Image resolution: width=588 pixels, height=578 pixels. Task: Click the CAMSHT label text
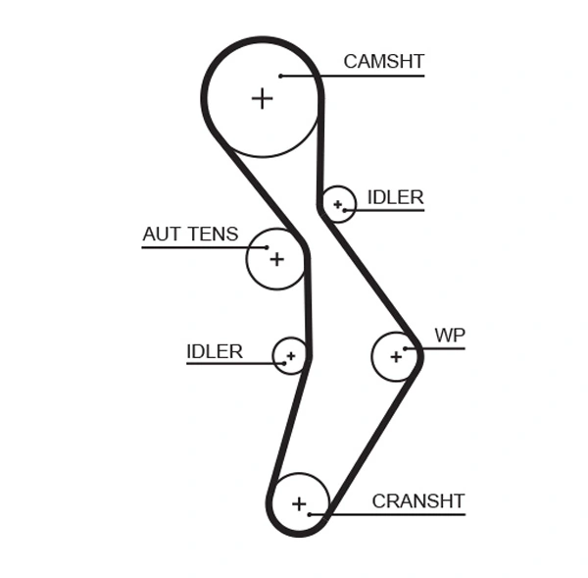[383, 62]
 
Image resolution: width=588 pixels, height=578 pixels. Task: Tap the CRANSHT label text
[417, 501]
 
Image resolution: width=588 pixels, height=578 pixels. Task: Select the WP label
[450, 336]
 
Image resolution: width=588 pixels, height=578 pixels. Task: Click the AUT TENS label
[190, 235]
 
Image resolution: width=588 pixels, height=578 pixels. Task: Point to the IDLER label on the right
[395, 197]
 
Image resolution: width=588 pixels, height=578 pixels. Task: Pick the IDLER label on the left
[214, 351]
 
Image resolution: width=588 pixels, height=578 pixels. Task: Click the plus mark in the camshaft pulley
[262, 98]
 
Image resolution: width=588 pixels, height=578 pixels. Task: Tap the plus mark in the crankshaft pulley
[299, 503]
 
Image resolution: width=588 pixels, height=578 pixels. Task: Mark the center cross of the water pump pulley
[396, 356]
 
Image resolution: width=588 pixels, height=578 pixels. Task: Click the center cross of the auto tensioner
[276, 259]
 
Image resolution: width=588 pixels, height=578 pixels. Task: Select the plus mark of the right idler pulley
[338, 204]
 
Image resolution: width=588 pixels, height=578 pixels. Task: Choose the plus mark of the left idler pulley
[290, 355]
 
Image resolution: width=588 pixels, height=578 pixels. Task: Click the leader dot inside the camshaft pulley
[280, 76]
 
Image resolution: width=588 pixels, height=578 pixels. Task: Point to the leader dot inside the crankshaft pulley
[310, 514]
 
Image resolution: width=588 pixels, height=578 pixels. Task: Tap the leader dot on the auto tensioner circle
[266, 246]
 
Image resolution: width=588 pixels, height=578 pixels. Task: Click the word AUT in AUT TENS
[161, 235]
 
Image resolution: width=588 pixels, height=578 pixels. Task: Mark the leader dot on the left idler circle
[282, 363]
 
